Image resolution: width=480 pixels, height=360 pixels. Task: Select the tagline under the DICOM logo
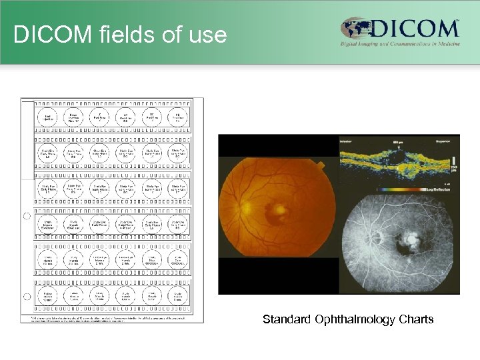click(x=400, y=45)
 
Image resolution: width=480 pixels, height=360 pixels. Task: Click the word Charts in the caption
click(x=417, y=319)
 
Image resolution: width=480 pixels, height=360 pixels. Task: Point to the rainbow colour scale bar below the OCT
click(x=393, y=189)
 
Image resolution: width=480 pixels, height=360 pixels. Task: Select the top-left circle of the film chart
click(x=49, y=118)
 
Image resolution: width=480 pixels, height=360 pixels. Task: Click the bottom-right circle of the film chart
click(x=178, y=296)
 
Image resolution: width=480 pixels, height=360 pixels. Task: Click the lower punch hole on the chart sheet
click(x=27, y=297)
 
